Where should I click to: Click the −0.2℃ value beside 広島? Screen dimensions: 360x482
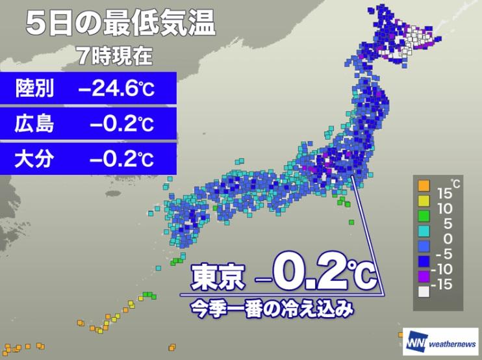[x=123, y=123]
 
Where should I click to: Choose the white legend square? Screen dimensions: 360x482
[x=424, y=292]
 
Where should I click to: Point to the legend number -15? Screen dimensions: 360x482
[x=447, y=284]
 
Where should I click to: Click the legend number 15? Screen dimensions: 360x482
[x=444, y=192]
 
